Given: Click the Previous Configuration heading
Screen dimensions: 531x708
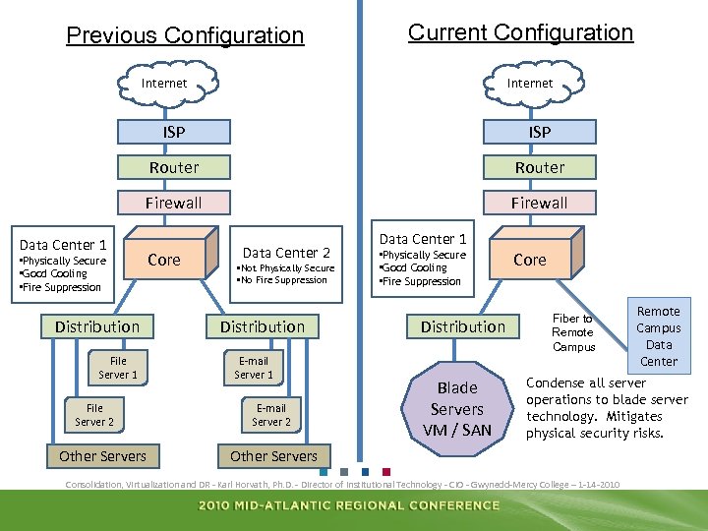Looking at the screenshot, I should (185, 36).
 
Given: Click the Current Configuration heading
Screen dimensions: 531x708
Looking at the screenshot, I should (520, 32).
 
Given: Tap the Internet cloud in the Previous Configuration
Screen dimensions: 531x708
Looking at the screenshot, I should (164, 84).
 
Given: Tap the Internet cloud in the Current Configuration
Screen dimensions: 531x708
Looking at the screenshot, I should (530, 84).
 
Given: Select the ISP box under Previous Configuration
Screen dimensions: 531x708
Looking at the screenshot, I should (174, 132).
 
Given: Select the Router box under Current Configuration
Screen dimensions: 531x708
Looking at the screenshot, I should (540, 167).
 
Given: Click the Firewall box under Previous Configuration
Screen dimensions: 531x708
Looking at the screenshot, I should (174, 203).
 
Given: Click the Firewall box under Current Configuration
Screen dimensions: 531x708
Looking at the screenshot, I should (539, 203).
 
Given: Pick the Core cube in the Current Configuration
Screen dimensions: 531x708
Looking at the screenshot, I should (530, 260).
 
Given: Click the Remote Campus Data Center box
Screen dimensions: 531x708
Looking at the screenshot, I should (658, 336).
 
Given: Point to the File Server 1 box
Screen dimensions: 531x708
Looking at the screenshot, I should (119, 368).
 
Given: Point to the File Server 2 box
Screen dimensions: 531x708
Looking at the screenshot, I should (94, 415).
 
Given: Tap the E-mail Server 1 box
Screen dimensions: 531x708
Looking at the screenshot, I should (254, 368).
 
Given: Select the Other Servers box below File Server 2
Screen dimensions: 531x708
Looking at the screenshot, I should (102, 456).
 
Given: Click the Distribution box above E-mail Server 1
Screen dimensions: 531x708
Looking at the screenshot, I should (263, 326).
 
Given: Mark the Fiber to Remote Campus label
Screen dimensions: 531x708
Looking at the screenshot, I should (574, 332).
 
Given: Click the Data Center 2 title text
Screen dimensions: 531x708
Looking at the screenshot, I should (286, 253).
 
